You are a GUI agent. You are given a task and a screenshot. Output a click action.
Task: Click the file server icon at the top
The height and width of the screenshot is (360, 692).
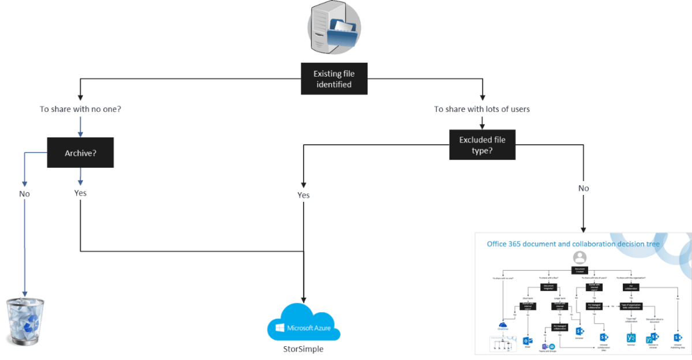pos(334,27)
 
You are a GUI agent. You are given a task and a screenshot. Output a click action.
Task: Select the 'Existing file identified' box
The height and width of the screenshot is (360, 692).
pos(334,79)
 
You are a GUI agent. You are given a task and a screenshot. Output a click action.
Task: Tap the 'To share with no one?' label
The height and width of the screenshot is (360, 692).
pos(80,109)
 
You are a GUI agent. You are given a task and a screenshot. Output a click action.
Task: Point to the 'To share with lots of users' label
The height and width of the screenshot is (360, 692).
pos(482,109)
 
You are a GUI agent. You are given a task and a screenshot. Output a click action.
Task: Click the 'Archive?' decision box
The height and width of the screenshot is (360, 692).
pos(80,153)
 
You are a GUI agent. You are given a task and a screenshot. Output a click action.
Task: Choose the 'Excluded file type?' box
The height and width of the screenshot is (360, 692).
pos(482,145)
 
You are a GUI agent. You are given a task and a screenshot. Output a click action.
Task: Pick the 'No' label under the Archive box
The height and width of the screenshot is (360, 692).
pos(24,194)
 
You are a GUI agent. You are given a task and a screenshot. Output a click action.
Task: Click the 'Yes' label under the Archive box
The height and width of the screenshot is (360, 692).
pos(80,193)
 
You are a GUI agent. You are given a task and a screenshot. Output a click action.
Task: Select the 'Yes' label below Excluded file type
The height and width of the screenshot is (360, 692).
pos(304,195)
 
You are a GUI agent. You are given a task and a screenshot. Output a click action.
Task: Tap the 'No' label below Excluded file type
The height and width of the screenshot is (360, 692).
pos(583,189)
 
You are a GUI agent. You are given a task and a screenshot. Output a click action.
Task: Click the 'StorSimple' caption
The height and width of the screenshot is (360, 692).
pos(304,349)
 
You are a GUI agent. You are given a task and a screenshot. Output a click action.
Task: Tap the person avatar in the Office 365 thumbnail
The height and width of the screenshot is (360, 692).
pos(579,257)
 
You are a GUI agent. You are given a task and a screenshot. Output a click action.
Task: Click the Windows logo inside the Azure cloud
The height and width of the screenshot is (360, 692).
pos(280,328)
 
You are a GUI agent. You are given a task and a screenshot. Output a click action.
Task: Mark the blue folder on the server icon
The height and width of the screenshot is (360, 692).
pos(343,32)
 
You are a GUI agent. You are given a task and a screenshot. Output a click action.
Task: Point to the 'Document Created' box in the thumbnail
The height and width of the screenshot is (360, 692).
pos(579,269)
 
